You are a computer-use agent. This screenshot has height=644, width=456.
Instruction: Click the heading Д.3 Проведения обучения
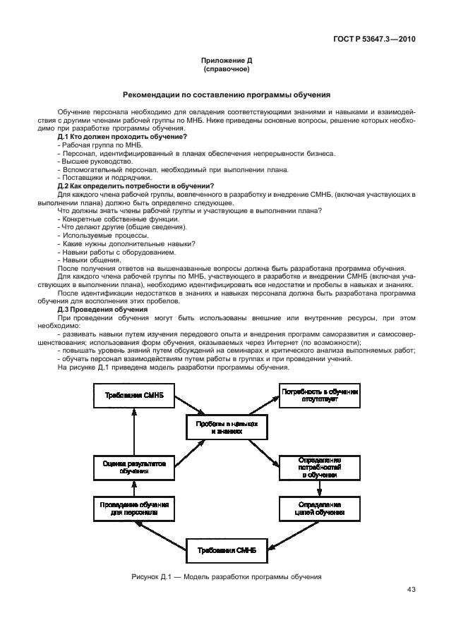(102, 309)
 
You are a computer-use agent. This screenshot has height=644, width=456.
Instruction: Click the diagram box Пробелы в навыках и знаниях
(227, 426)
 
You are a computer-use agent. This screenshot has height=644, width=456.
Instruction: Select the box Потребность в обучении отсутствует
(320, 395)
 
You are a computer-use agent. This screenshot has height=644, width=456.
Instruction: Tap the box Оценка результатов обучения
(133, 467)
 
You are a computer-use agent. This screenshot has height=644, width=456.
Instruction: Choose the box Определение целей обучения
(320, 509)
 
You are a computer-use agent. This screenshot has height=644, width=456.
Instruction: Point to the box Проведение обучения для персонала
(133, 509)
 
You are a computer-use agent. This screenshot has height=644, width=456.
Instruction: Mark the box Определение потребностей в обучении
(320, 467)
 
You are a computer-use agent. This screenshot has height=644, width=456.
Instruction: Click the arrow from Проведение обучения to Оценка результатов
(133, 488)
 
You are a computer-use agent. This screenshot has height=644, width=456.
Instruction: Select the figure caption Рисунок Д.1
(227, 576)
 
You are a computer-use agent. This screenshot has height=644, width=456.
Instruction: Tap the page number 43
(412, 590)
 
